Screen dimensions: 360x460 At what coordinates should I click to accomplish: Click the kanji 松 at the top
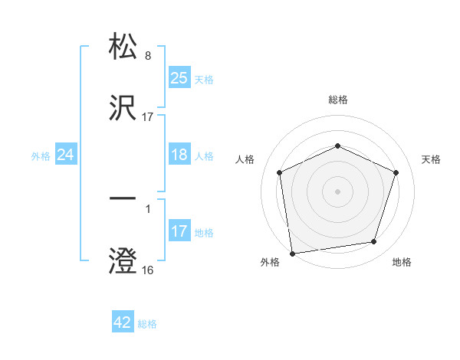coord(123,47)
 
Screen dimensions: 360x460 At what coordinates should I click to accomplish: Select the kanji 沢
coord(123,108)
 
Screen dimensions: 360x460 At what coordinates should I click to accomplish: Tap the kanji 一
coord(123,199)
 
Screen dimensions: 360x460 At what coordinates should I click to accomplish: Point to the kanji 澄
coord(123,260)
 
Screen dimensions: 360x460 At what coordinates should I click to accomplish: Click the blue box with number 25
coord(179,77)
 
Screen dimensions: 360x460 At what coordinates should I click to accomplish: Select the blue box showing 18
coord(179,155)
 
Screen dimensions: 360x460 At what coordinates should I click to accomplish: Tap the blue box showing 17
coord(179,231)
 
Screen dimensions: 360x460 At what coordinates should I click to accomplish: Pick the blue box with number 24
coord(66,155)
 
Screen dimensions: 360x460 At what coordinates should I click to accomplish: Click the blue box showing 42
coord(123,322)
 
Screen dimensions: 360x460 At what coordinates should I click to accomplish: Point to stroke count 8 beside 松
coord(148,56)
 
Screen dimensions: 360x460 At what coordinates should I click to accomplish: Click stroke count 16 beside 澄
coord(147,270)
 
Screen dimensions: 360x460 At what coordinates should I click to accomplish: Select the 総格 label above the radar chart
coord(337,100)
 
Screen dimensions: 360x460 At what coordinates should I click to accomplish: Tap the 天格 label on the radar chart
coord(432,159)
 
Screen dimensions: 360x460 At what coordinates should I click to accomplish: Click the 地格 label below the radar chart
coord(402,263)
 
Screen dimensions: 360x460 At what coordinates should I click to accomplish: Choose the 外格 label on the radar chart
coord(270,263)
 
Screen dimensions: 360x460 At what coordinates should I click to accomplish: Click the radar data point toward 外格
coord(292,253)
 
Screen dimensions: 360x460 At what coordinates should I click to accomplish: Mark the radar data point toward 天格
coord(396,172)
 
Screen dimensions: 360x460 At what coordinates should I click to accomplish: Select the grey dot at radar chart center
coord(337,191)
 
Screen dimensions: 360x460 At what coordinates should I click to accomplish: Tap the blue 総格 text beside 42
coord(147,324)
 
